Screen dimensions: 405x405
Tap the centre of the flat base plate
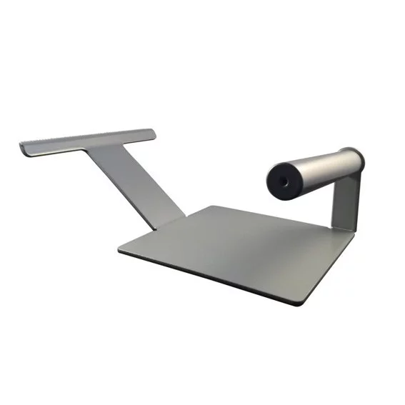click(x=236, y=246)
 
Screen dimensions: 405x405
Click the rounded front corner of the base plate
click(x=303, y=301)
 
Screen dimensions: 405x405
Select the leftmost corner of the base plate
click(x=120, y=249)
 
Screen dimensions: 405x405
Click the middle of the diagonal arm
click(x=136, y=179)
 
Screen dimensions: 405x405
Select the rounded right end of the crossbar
click(x=151, y=133)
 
